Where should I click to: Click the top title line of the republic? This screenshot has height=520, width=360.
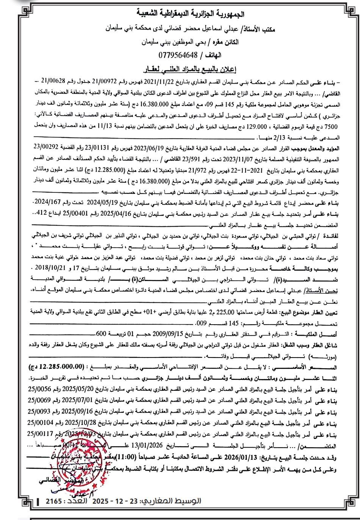180,15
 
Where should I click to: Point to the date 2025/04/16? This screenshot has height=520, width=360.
125,213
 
